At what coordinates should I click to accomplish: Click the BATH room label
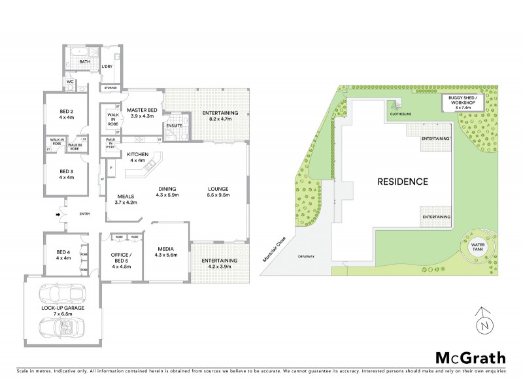[84, 62]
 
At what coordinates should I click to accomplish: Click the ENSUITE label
[174, 125]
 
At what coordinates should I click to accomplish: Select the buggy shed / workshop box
[463, 102]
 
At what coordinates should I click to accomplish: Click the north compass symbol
[482, 319]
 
